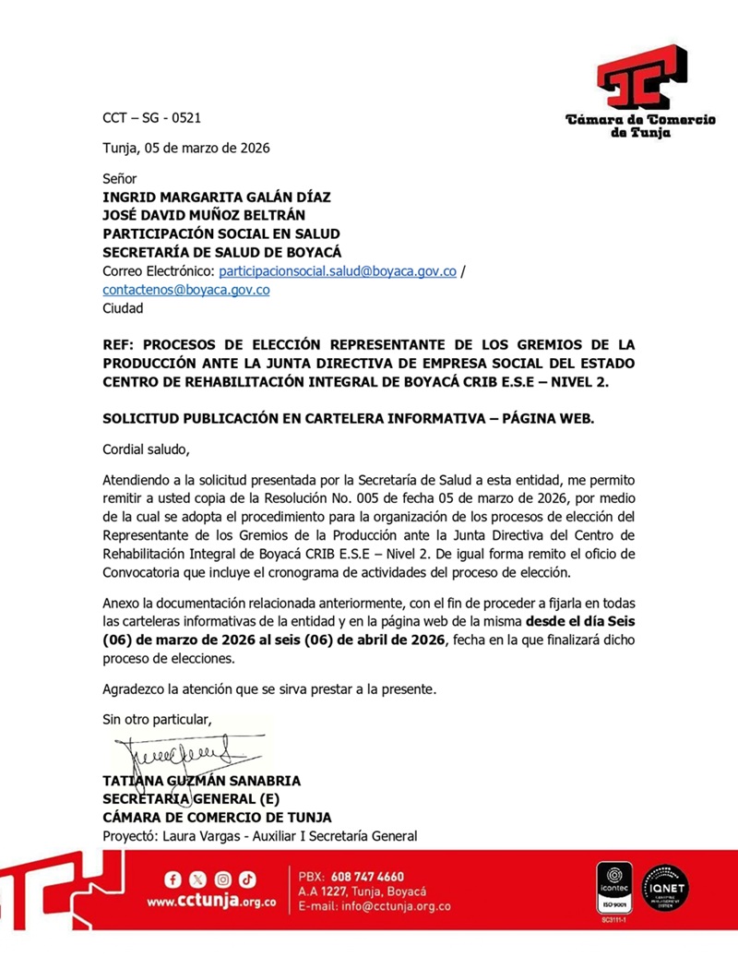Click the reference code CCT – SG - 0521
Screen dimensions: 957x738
pyautogui.click(x=151, y=118)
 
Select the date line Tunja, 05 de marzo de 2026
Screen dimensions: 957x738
pyautogui.click(x=185, y=148)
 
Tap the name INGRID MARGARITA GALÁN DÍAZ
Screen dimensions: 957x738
pyautogui.click(x=216, y=197)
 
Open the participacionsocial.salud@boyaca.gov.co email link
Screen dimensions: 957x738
pyautogui.click(x=338, y=271)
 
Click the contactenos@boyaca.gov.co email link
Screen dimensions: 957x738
pyautogui.click(x=185, y=290)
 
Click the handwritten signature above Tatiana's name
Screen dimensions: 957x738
pyautogui.click(x=175, y=752)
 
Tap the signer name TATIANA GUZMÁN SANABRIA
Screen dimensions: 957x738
pyautogui.click(x=201, y=781)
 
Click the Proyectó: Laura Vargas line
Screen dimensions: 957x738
pyautogui.click(x=259, y=836)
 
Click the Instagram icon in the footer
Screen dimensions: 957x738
pyautogui.click(x=223, y=879)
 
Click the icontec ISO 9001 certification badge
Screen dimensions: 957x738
pyautogui.click(x=613, y=890)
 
